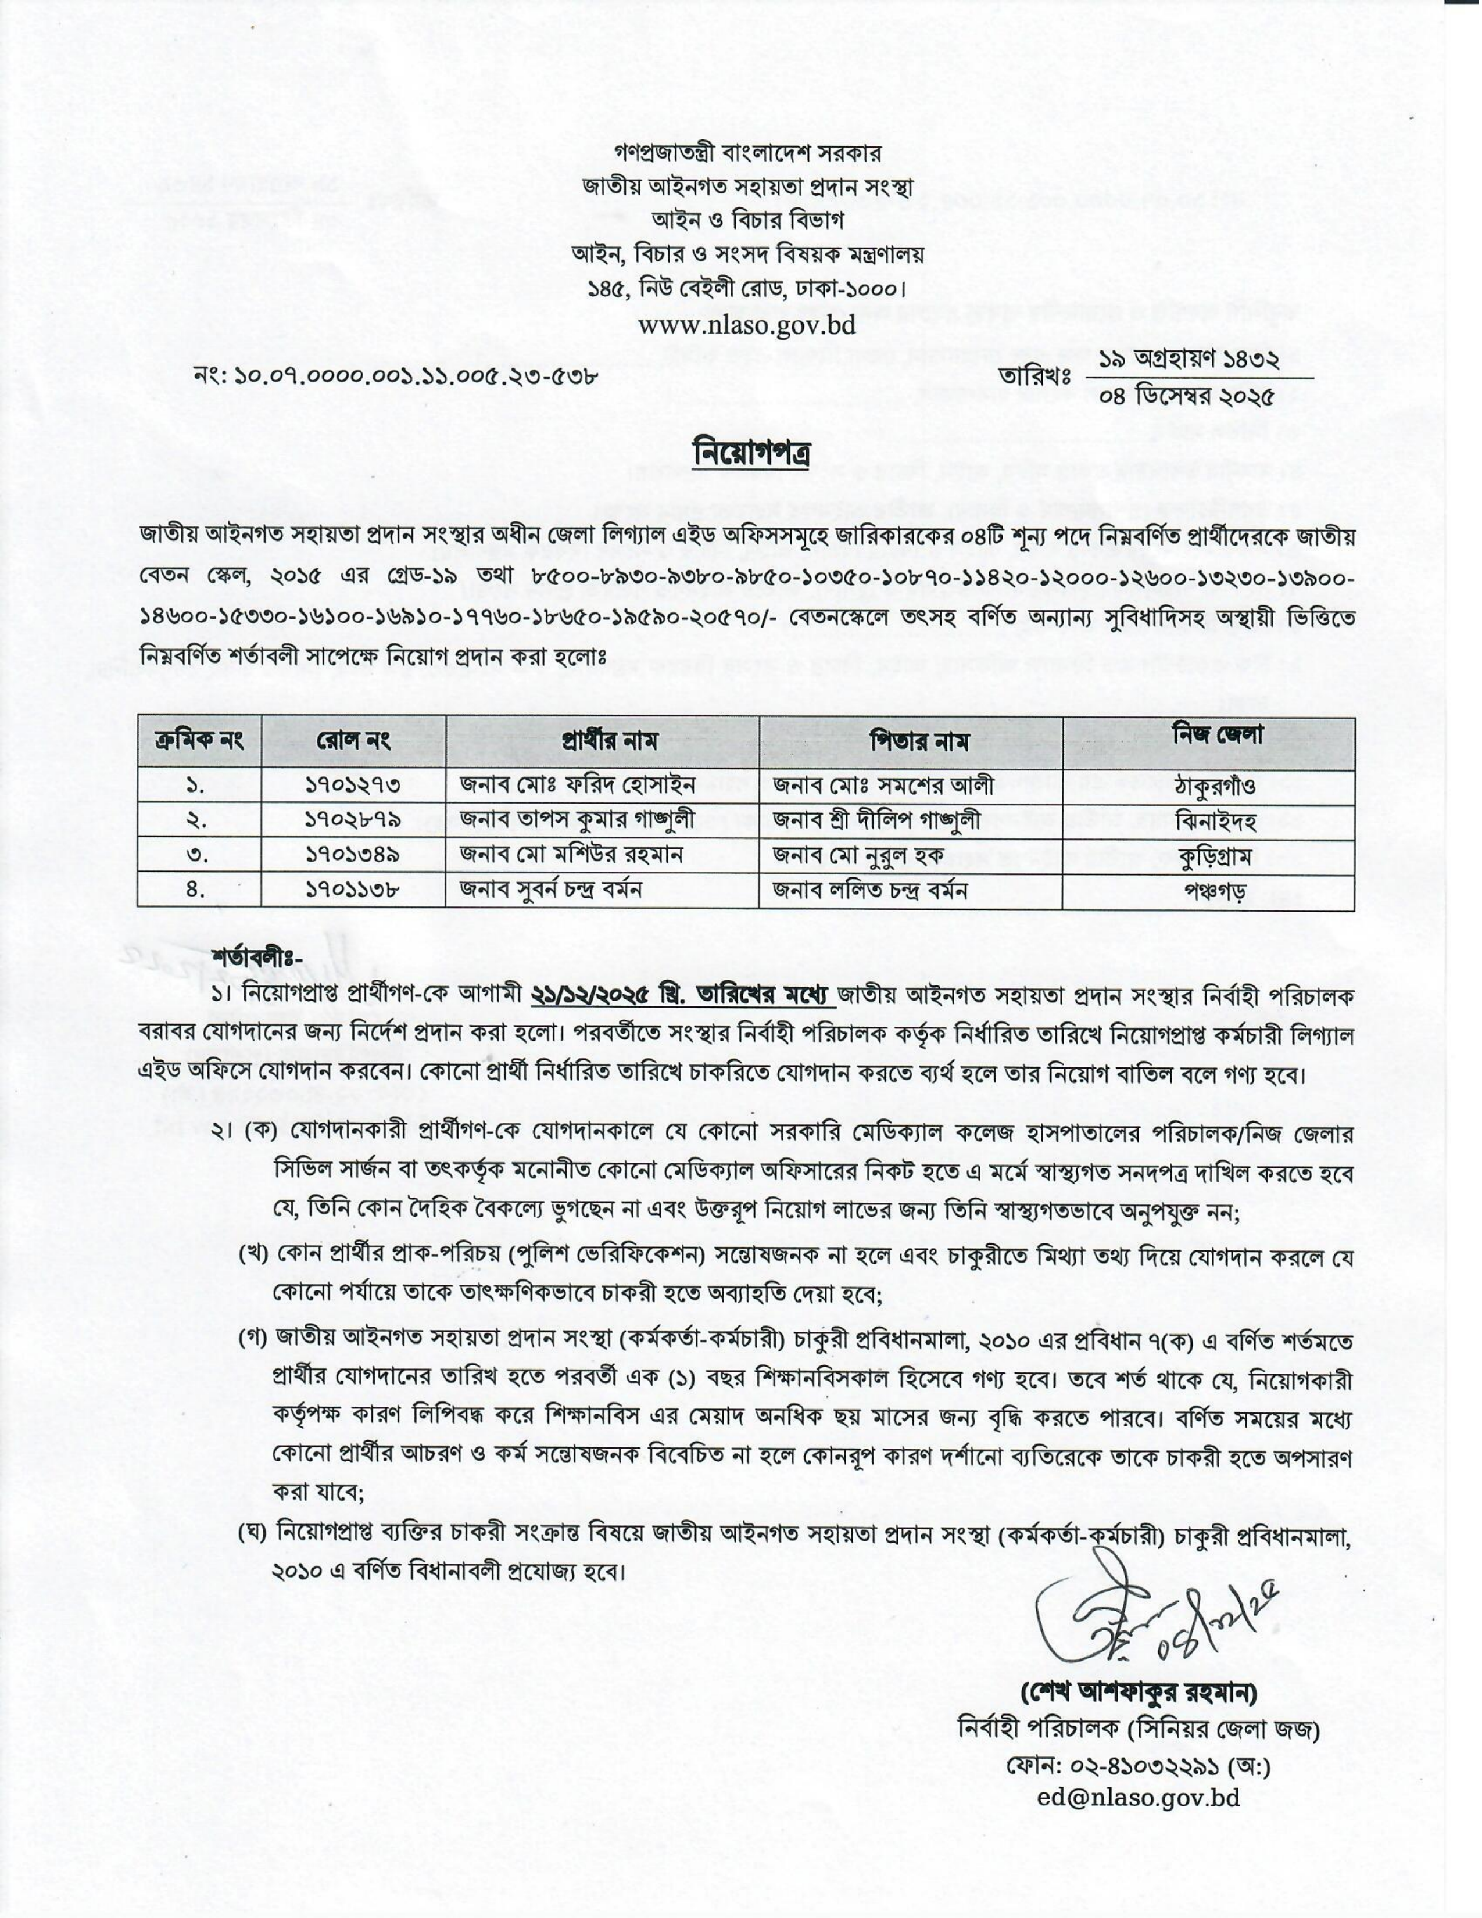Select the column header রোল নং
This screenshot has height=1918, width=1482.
point(353,740)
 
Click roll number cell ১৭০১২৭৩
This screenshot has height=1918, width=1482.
point(353,785)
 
